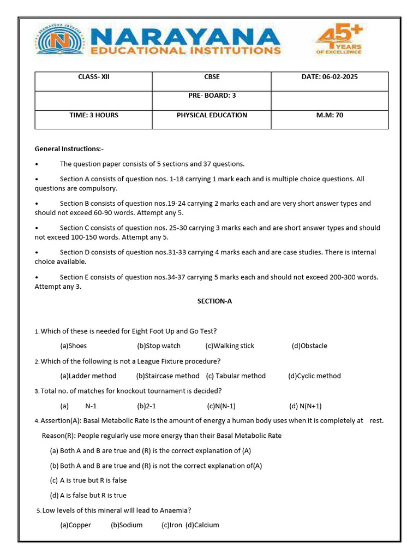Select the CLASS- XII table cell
coord(94,77)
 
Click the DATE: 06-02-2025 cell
coord(330,77)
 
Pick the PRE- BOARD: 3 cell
coord(212,96)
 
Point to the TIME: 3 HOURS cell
coord(94,115)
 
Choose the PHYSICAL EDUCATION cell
coord(212,115)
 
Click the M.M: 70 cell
coord(330,115)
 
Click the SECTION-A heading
coord(214,301)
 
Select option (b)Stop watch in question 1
coord(159,346)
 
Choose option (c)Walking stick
coord(230,346)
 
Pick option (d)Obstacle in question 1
coord(309,346)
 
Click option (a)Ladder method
coord(88,376)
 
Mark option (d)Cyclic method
coord(314,376)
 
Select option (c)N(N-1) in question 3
coord(221,406)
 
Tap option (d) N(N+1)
coord(306,406)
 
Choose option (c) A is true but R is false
coord(88,480)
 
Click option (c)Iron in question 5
coord(172,525)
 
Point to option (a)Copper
coord(76,525)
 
